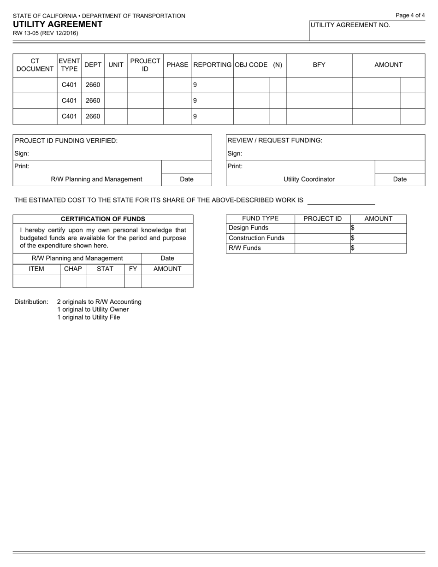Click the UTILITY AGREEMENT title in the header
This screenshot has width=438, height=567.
point(58,24)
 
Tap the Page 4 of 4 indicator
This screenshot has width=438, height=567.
point(410,15)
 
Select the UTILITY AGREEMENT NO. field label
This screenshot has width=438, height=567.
point(350,25)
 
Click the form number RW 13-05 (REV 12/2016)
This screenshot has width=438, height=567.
point(45,33)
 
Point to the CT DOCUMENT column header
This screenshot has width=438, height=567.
point(35,65)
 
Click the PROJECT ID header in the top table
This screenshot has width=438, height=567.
point(145,65)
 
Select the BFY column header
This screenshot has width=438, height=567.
point(319,65)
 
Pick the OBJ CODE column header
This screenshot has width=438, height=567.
point(251,65)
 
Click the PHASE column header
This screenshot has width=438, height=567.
point(177,65)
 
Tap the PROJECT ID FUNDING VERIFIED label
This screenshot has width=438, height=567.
point(66,141)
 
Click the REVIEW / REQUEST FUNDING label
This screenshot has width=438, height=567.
point(275,141)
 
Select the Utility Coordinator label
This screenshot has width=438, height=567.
point(308,179)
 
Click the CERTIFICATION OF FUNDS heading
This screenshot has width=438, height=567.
point(103,219)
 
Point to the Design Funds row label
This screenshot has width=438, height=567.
point(249,228)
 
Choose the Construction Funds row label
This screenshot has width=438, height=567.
point(256,238)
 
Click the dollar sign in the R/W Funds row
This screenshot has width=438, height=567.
point(352,248)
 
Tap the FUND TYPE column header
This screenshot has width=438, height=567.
point(260,219)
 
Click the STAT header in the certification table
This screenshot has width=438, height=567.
point(105,269)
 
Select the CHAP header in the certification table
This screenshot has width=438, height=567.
point(73,269)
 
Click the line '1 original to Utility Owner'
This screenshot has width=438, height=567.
point(93,309)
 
